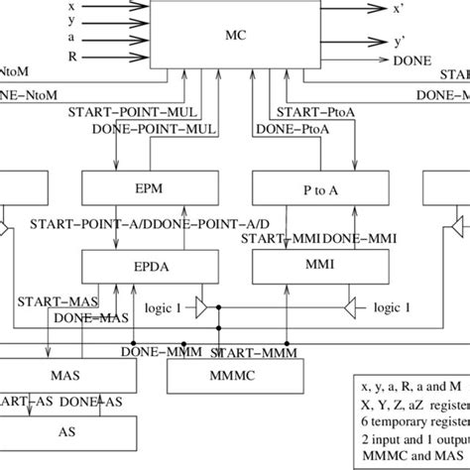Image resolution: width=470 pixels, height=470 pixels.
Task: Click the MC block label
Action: point(234,36)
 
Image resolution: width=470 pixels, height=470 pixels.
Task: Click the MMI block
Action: point(295,266)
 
